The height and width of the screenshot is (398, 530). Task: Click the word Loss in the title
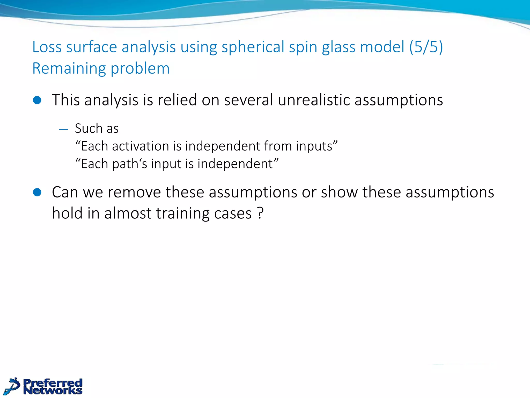[x=47, y=47]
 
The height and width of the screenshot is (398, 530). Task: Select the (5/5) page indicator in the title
[x=426, y=47]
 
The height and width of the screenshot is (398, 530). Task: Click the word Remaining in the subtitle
[x=69, y=68]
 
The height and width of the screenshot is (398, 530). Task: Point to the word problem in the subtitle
[x=140, y=69]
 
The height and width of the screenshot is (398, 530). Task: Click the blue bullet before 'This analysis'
[x=37, y=100]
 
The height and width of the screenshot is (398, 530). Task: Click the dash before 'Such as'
[x=63, y=129]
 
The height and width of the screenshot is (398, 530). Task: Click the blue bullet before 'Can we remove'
[x=37, y=192]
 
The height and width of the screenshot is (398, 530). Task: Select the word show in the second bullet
[x=339, y=192]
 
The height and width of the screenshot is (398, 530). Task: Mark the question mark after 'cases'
[x=260, y=213]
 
